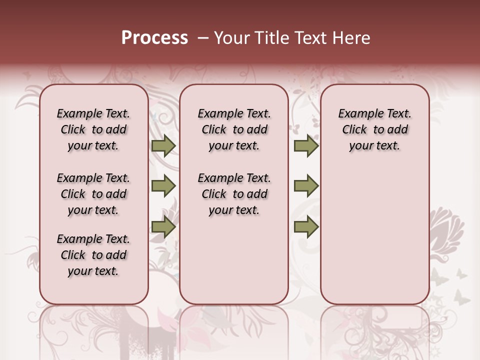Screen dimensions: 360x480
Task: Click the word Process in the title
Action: click(154, 38)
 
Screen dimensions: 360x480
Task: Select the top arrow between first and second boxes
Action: click(163, 146)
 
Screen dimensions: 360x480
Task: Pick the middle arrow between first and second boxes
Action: click(163, 186)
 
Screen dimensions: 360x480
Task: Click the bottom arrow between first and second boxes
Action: click(163, 227)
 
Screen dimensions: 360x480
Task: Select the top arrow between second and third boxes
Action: click(306, 146)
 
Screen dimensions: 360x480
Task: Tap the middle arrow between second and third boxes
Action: click(306, 186)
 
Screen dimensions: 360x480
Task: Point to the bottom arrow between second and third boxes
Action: click(306, 227)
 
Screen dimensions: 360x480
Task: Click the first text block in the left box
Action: click(93, 129)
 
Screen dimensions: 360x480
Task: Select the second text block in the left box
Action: click(93, 194)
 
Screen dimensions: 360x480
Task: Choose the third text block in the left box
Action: click(93, 255)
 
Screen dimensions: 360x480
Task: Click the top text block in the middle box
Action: click(234, 129)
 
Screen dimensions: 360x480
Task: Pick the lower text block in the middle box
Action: click(234, 194)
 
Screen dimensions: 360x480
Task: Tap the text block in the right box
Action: click(374, 129)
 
